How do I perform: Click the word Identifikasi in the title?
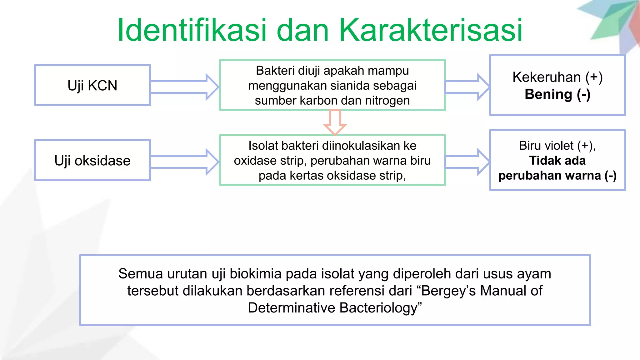(x=192, y=30)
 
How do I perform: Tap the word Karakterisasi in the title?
(x=430, y=30)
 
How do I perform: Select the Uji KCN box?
(x=92, y=85)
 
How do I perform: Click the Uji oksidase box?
(x=92, y=160)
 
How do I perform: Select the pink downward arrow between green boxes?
(x=335, y=122)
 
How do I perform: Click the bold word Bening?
(x=548, y=94)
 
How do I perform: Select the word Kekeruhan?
(x=546, y=77)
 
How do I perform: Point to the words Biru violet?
(x=546, y=146)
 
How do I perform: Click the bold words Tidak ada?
(x=557, y=161)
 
